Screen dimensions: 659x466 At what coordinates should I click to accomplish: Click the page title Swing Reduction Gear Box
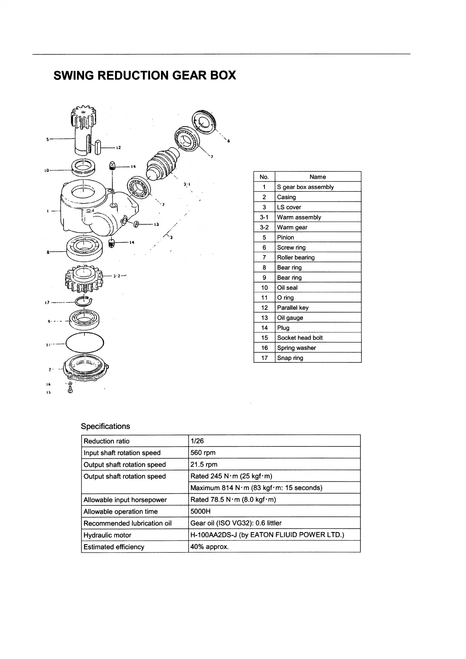(x=144, y=75)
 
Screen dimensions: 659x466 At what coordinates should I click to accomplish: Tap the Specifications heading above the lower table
(x=105, y=426)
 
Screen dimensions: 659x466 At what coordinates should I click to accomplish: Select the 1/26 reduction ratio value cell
(x=197, y=441)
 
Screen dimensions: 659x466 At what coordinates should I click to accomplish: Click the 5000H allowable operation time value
(x=200, y=511)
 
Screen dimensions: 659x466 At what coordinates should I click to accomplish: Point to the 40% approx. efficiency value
(x=209, y=547)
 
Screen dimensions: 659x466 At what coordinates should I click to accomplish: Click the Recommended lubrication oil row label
(x=127, y=523)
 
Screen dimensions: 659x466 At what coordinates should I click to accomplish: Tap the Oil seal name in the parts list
(x=287, y=288)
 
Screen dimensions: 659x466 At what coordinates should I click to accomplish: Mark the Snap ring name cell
(x=290, y=358)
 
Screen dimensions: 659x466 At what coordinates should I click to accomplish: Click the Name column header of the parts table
(x=317, y=177)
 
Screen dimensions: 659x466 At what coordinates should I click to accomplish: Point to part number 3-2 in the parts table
(x=264, y=227)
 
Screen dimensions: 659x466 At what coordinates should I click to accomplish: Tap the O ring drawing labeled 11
(x=85, y=343)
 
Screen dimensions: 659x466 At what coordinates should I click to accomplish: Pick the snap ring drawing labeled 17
(x=84, y=301)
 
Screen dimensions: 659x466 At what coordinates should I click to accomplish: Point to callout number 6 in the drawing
(x=229, y=141)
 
